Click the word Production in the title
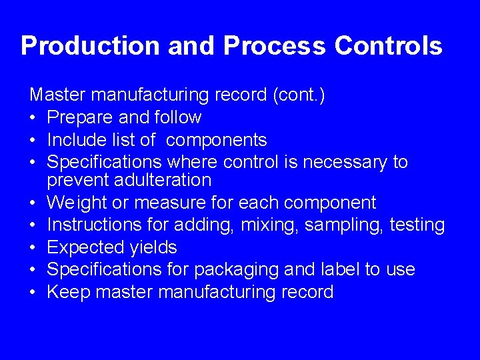91,46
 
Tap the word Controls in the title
388,46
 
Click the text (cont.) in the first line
299,95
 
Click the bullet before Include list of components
33,141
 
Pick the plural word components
216,141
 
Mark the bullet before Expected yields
33,248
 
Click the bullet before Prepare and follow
33,118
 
